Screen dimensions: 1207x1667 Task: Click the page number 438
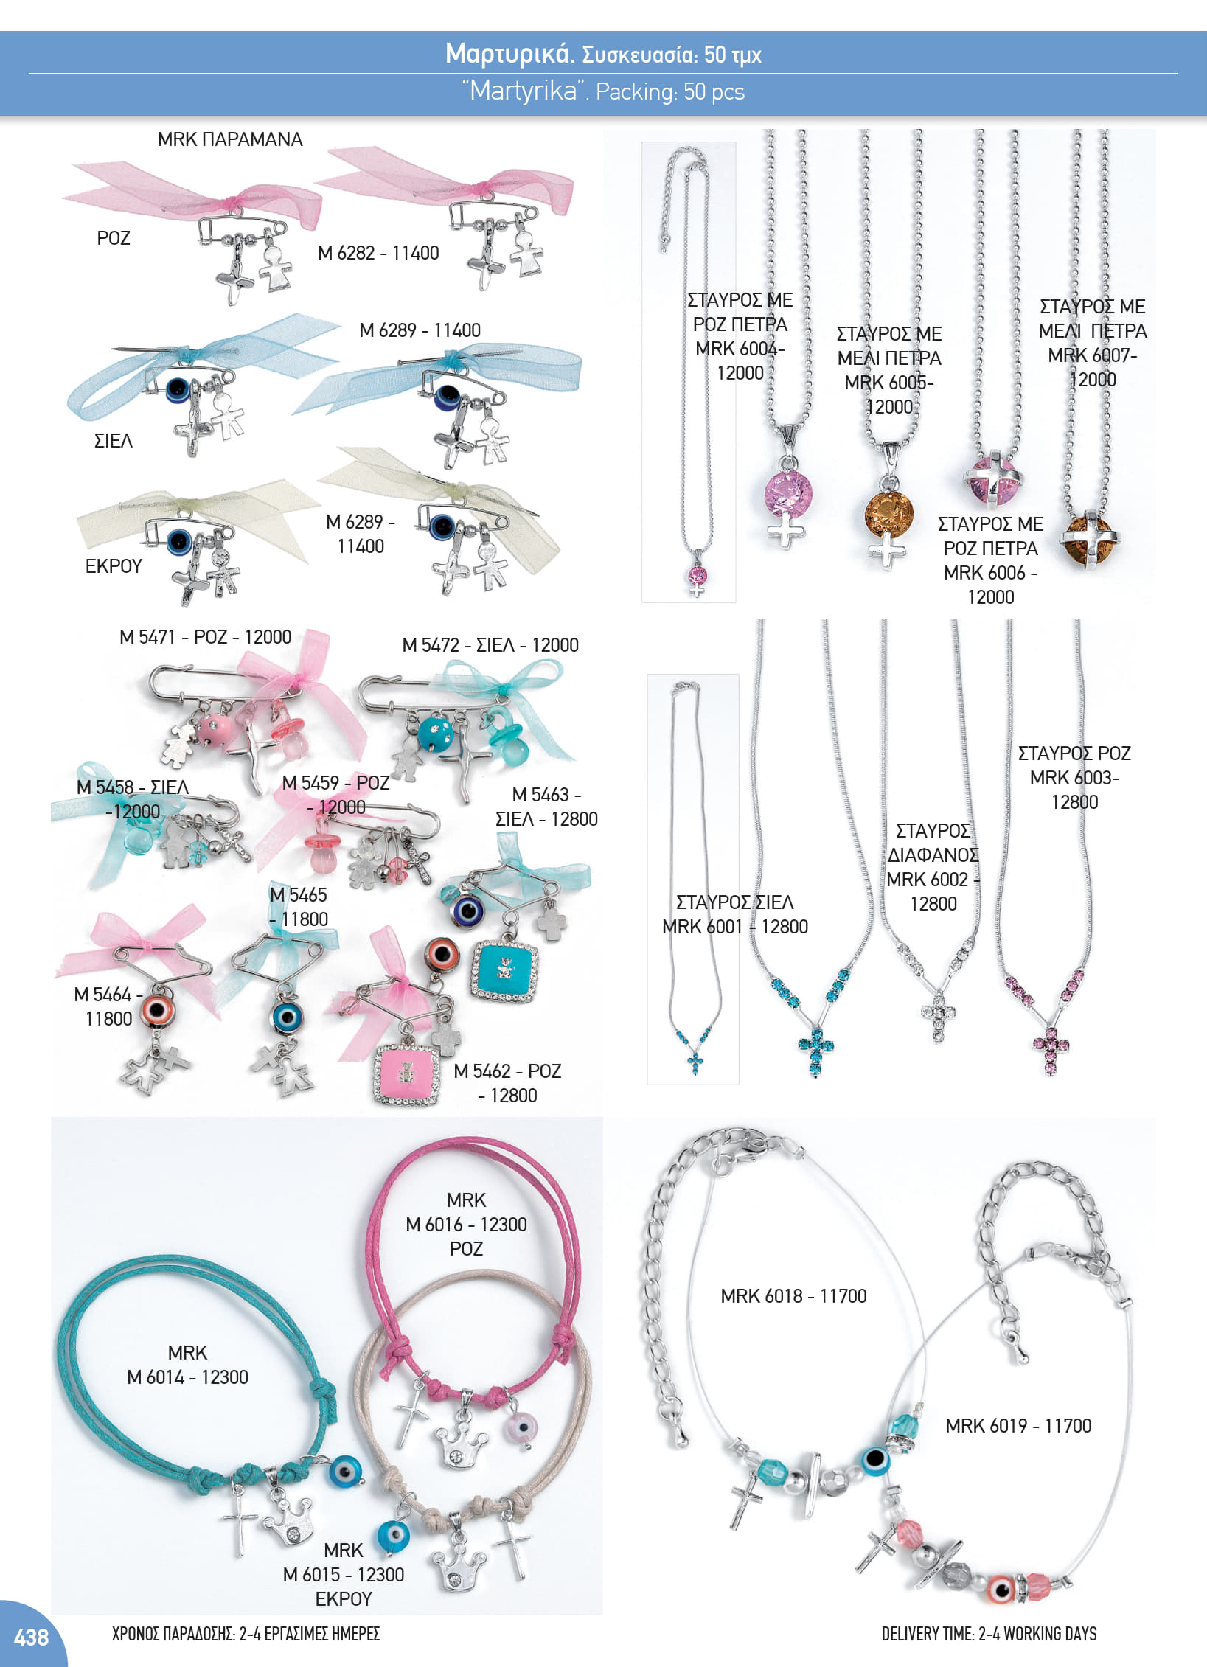31,1637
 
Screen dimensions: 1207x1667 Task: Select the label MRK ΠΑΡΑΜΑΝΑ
230,139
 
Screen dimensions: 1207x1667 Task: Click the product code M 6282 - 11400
378,253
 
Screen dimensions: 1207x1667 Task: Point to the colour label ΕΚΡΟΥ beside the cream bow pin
114,566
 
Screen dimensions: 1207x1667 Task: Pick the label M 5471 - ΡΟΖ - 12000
206,637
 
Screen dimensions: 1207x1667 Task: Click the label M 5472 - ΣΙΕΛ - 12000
490,645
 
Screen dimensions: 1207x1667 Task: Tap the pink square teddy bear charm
406,1074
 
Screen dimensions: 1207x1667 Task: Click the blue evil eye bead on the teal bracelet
346,1470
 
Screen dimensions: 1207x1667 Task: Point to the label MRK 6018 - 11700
793,1296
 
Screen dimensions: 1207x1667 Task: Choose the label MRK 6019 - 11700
1018,1426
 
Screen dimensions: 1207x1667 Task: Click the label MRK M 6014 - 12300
187,1365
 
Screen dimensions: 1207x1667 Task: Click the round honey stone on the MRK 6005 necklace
889,515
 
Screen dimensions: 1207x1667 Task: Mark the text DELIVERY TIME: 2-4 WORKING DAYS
989,1634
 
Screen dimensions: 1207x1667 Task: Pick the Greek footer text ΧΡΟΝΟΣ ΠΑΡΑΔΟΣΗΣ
174,1634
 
